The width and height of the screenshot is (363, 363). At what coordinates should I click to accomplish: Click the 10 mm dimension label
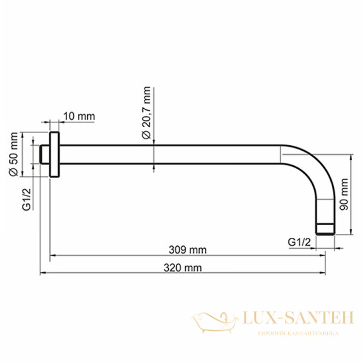(79, 116)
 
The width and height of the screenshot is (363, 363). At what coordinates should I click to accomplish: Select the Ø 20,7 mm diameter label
(146, 113)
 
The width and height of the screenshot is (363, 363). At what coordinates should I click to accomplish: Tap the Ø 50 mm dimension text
(13, 154)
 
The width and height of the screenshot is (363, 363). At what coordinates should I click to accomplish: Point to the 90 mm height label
(344, 194)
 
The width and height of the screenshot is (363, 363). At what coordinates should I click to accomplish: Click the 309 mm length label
(188, 250)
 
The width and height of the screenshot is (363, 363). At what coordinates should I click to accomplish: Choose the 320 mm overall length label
(183, 268)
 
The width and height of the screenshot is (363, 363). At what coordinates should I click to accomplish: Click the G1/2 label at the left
(27, 199)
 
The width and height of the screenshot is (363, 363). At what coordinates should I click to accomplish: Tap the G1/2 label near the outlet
(299, 242)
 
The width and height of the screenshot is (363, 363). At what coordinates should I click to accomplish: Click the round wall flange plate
(54, 154)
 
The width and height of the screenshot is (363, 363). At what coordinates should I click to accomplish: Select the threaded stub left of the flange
(44, 154)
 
